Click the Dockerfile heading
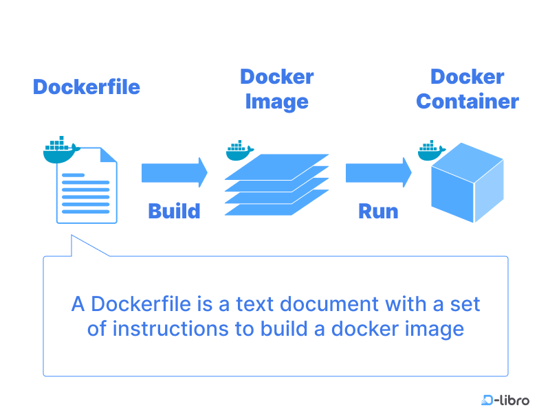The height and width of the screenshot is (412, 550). [87, 87]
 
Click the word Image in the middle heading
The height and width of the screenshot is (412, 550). [276, 102]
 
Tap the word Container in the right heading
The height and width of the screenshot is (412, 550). [467, 102]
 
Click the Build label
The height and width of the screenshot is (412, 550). [174, 211]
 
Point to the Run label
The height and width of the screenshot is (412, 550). [378, 211]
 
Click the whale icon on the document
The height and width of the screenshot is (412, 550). [60, 150]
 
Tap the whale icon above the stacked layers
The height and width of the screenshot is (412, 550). [239, 150]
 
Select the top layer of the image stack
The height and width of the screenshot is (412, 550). [277, 165]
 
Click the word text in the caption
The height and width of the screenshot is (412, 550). [270, 304]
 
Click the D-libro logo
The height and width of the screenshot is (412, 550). [505, 400]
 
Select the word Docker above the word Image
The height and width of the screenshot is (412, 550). [276, 77]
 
